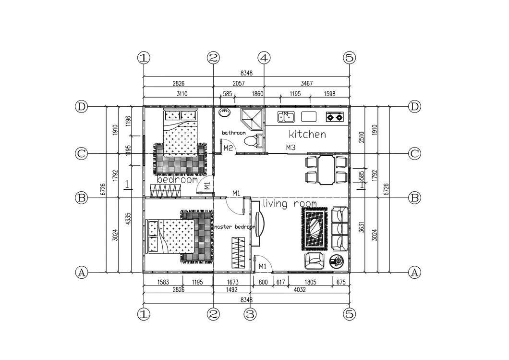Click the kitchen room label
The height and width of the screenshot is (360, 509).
coord(307,134)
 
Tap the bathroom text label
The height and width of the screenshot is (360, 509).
coord(234,133)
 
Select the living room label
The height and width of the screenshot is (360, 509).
coord(290,204)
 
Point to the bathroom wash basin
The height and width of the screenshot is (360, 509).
coord(224,112)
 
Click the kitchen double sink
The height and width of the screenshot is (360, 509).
coord(286,117)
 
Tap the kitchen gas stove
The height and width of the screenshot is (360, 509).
coord(335,117)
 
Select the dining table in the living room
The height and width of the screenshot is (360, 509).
coord(326,170)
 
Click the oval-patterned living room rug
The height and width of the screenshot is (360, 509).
coord(314,229)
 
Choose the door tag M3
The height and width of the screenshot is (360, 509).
coord(291,148)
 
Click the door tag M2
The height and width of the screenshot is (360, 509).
coord(228,148)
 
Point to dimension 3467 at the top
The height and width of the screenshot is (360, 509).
coord(306,83)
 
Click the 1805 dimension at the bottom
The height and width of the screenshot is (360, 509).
coord(310,282)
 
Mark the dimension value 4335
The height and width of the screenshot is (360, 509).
coord(128,218)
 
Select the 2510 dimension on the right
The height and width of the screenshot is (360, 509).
coord(362,137)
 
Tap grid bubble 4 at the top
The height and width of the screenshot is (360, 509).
coord(264,58)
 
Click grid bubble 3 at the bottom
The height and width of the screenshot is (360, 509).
coord(250,314)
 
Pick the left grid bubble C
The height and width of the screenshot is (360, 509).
coord(82,153)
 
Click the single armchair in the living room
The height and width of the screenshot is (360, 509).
coord(314,261)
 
